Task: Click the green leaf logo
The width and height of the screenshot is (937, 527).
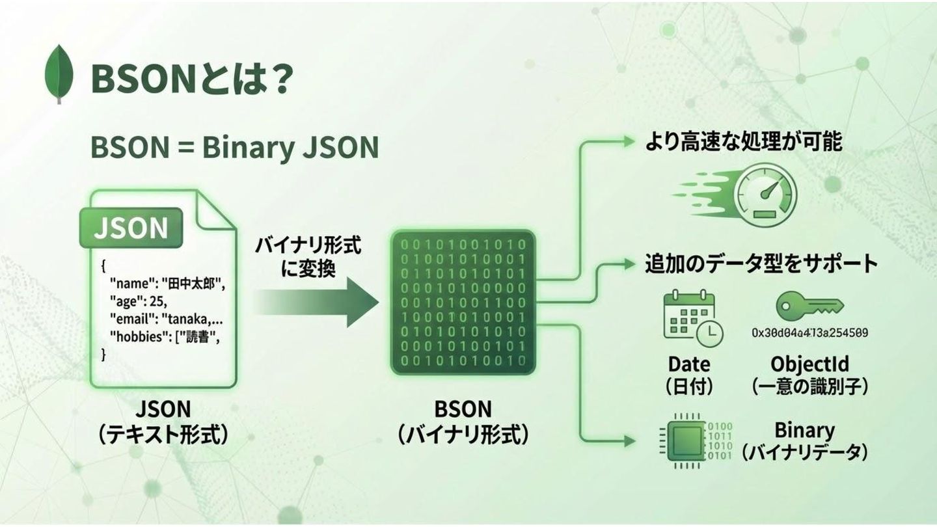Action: pyautogui.click(x=59, y=74)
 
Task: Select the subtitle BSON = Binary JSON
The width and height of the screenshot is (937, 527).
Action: pyautogui.click(x=234, y=147)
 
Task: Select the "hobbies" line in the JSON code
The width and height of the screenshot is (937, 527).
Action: pyautogui.click(x=170, y=337)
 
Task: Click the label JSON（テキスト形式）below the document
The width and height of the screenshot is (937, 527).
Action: pyautogui.click(x=163, y=422)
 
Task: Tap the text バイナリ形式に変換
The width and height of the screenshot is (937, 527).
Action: pyautogui.click(x=307, y=257)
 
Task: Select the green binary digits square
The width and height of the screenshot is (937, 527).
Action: pyautogui.click(x=463, y=303)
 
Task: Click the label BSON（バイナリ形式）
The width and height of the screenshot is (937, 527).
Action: pyautogui.click(x=463, y=422)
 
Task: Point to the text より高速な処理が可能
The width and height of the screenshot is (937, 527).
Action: pyautogui.click(x=743, y=142)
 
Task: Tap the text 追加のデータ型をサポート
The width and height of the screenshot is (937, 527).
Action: pyautogui.click(x=761, y=263)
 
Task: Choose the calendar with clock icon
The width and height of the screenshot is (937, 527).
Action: pyautogui.click(x=692, y=318)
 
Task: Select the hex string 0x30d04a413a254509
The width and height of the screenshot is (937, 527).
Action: pyautogui.click(x=809, y=332)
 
